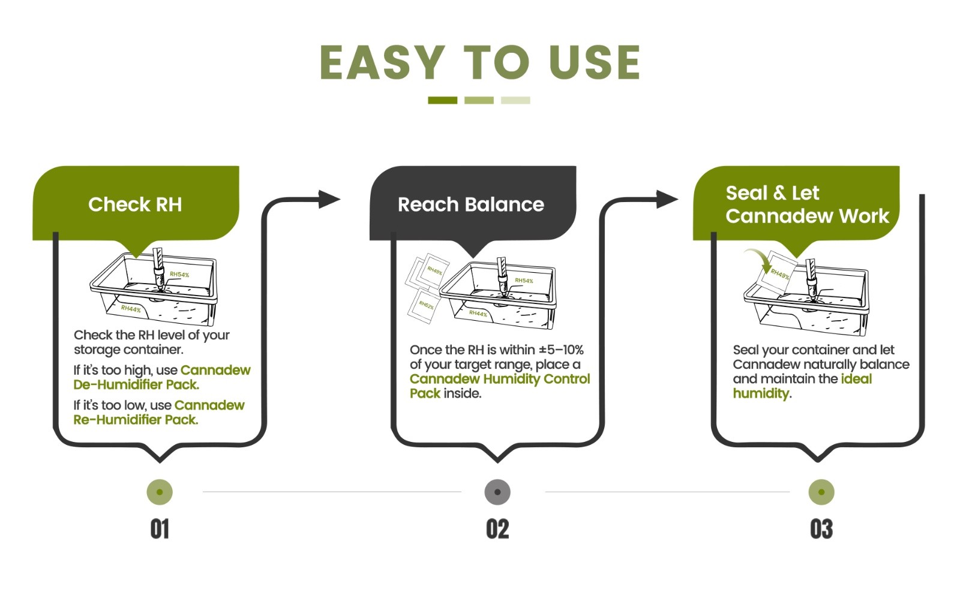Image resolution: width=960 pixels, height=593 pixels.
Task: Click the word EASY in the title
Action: point(382,62)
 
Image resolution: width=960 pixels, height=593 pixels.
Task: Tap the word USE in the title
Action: point(594,62)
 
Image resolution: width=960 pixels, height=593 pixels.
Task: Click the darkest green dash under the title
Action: point(442,100)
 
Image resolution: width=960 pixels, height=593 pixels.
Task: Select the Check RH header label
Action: point(135,204)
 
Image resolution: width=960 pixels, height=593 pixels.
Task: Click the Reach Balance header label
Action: point(471,204)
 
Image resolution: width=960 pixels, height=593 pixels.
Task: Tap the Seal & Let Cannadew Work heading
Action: point(806,204)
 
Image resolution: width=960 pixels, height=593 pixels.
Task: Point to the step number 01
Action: point(160,529)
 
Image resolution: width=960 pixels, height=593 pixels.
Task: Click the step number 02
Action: point(497,529)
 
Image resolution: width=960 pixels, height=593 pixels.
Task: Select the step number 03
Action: point(821,529)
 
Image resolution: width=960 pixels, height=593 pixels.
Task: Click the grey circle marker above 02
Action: point(497,492)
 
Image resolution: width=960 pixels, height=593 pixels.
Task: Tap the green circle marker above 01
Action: point(160,492)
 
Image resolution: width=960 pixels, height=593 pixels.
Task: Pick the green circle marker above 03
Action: point(821,492)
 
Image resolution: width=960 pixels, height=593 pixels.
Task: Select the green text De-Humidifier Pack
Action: point(136,385)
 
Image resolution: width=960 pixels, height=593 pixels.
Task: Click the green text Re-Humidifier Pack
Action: point(136,420)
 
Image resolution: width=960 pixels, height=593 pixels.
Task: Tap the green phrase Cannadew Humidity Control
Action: point(500,379)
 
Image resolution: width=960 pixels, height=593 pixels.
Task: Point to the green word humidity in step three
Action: point(761,393)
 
